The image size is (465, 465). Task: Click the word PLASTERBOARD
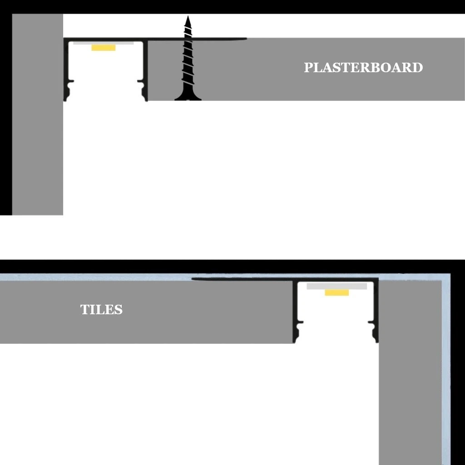click(x=363, y=68)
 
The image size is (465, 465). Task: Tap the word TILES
click(x=101, y=310)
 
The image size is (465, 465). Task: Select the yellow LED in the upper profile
click(x=104, y=47)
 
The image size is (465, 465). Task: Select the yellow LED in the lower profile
click(x=336, y=292)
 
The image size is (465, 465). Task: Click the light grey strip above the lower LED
click(x=336, y=286)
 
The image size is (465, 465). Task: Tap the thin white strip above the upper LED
click(x=104, y=44)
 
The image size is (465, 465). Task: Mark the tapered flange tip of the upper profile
click(x=244, y=39)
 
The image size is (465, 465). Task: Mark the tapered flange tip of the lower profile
click(x=194, y=279)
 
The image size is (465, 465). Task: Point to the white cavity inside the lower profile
click(x=336, y=318)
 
